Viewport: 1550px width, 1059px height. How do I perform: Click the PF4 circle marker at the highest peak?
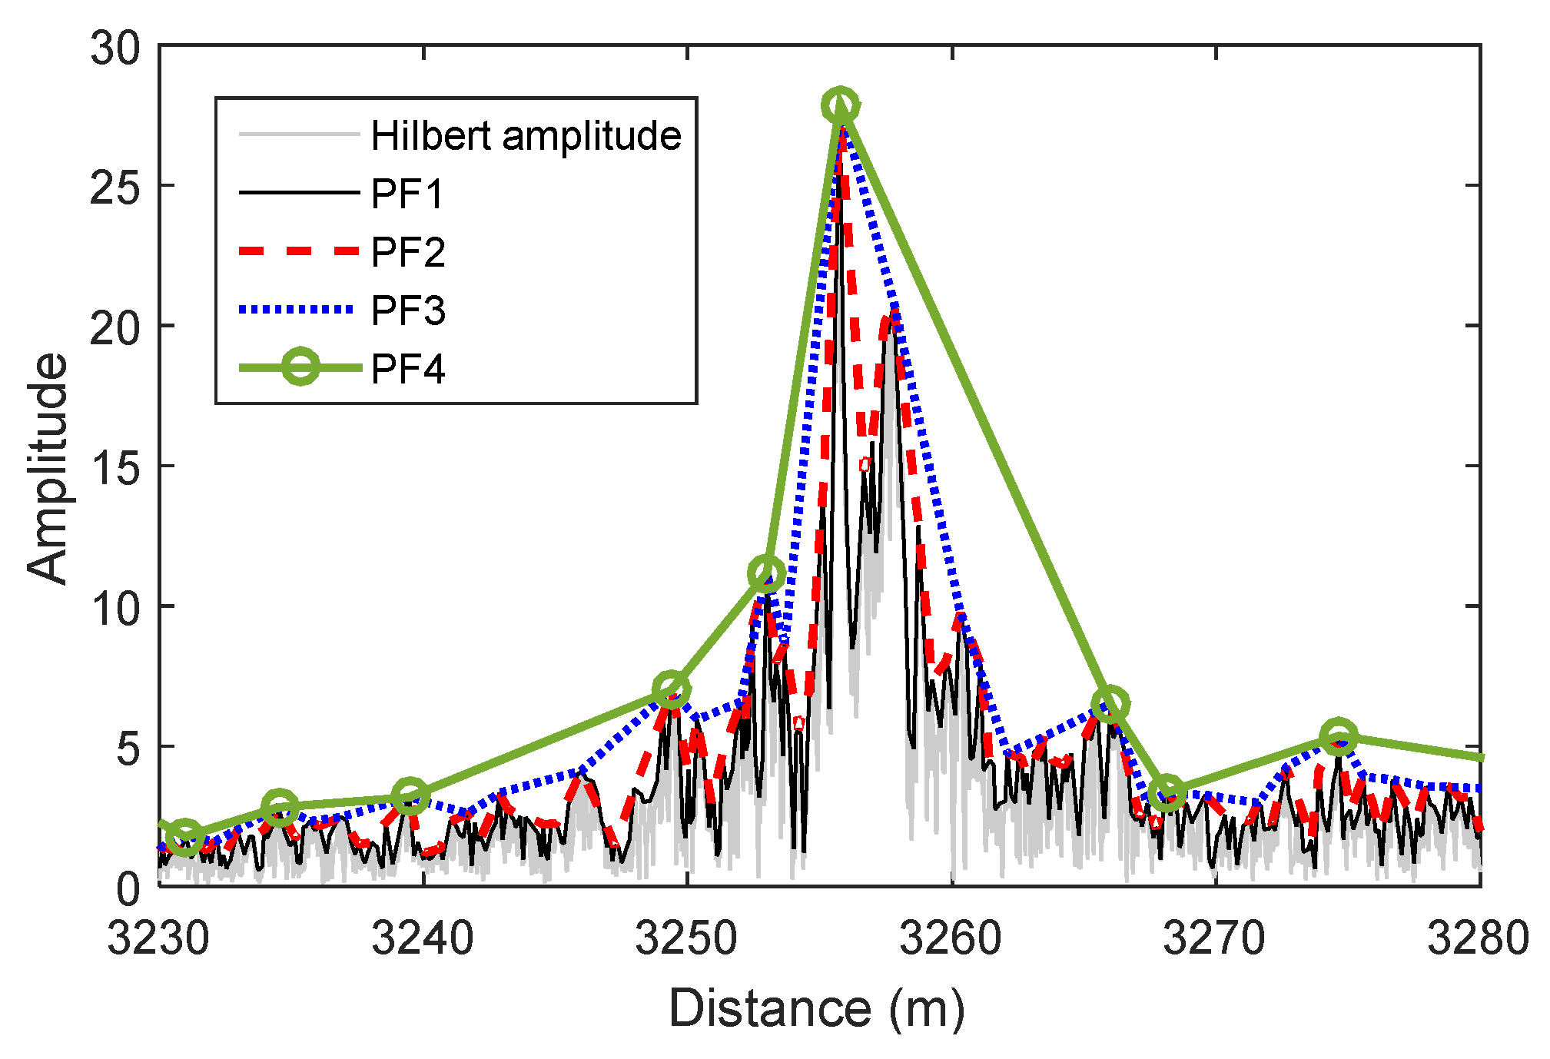point(841,105)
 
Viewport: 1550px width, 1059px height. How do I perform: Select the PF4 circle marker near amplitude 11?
point(765,573)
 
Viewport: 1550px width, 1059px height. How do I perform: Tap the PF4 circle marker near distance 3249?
point(671,689)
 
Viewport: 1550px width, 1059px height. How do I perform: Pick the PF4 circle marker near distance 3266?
point(1110,704)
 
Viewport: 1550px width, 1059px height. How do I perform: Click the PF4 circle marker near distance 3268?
point(1168,792)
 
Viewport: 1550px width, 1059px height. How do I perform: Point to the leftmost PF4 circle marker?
point(184,837)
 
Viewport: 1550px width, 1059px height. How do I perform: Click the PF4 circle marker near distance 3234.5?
point(280,807)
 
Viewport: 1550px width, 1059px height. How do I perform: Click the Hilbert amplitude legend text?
point(526,136)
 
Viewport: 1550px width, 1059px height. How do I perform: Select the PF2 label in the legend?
point(407,252)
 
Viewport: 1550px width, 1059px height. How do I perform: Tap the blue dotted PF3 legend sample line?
point(298,310)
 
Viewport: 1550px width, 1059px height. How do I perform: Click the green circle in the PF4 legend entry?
point(300,367)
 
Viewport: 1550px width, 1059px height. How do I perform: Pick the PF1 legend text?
point(407,194)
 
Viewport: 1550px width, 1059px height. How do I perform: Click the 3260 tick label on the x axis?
point(951,939)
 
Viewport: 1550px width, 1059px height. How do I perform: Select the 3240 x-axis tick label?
point(423,939)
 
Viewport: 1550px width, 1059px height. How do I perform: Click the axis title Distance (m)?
point(816,1008)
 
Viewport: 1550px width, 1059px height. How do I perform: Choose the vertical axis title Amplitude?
point(48,468)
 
